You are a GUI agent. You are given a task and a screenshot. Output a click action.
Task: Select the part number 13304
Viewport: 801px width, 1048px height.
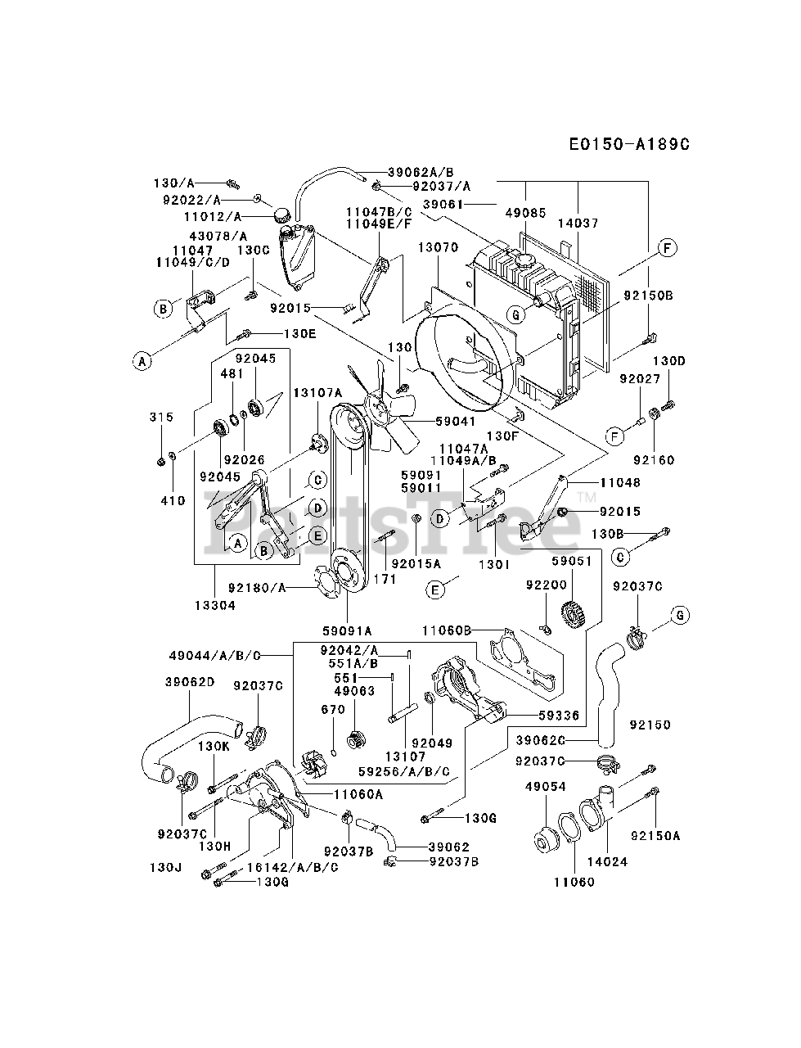[215, 605]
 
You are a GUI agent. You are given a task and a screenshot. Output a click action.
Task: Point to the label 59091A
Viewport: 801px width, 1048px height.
[347, 630]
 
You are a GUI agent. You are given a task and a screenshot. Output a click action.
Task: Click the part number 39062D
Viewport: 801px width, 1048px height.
[190, 681]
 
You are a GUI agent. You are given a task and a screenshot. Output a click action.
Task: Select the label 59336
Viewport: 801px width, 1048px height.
[560, 715]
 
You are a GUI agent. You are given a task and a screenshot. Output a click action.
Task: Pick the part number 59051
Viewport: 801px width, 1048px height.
[570, 561]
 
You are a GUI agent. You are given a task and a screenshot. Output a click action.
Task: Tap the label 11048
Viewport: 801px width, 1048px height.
[620, 483]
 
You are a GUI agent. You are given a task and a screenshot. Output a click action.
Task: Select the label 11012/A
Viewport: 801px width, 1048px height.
[213, 217]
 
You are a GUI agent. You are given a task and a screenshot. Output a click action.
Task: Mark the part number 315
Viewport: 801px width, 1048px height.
[162, 417]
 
